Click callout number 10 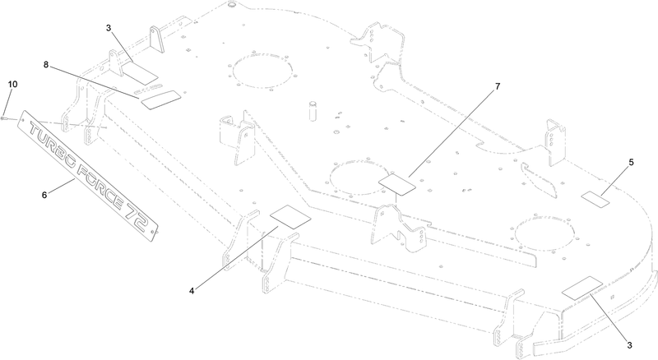click(x=12, y=85)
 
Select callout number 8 click(x=46, y=65)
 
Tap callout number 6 click(x=44, y=195)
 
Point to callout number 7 click(x=498, y=86)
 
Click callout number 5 click(x=631, y=162)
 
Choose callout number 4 click(x=192, y=291)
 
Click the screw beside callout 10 click(x=4, y=118)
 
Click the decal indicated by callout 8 click(x=161, y=99)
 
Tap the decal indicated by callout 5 click(x=595, y=199)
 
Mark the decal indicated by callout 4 click(x=290, y=216)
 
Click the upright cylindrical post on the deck click(x=313, y=110)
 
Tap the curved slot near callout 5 click(x=540, y=179)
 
